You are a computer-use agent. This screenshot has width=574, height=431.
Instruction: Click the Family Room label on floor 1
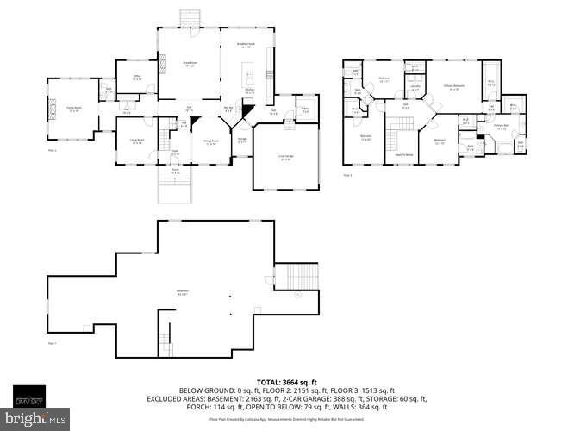tap(74, 109)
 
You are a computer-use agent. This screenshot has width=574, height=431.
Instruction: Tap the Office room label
tap(136, 78)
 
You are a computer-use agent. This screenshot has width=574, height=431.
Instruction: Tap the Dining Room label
tap(210, 143)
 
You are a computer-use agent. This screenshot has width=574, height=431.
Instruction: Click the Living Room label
tap(136, 142)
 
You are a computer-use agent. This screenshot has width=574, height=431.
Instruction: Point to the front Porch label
tap(174, 170)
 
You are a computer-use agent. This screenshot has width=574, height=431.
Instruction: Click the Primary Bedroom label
tap(454, 86)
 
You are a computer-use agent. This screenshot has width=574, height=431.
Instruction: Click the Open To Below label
tap(403, 154)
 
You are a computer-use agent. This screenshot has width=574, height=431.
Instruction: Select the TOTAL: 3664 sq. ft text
tap(285, 382)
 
